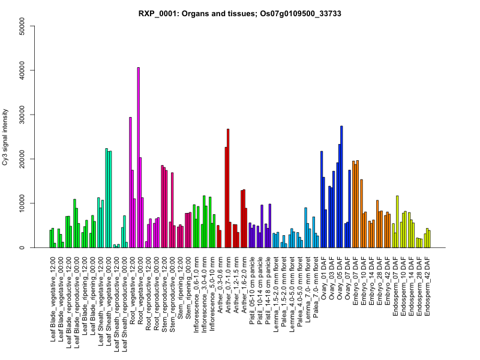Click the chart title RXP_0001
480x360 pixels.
pyautogui.click(x=240, y=13)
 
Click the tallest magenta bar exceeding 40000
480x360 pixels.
pyautogui.click(x=138, y=157)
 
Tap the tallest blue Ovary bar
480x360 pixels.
pyautogui.click(x=341, y=187)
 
